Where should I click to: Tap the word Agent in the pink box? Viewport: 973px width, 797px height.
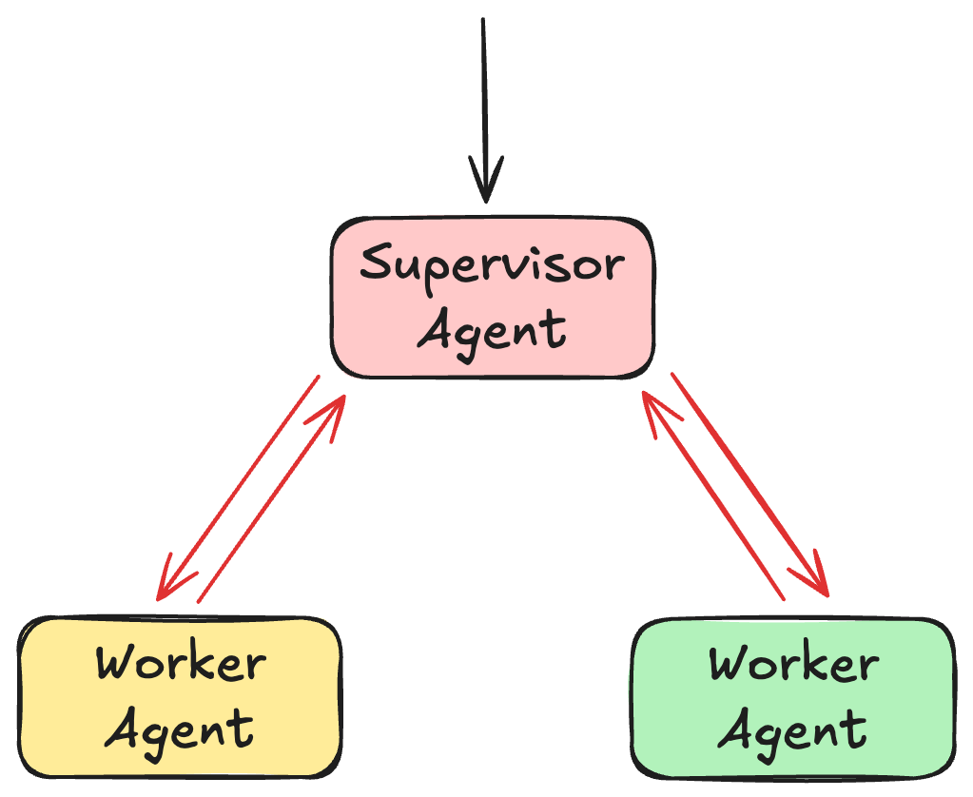click(492, 329)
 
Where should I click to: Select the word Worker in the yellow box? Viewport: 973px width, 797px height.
click(180, 663)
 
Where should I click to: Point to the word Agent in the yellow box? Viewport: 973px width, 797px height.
click(180, 729)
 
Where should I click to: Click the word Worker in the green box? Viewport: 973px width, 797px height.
click(793, 663)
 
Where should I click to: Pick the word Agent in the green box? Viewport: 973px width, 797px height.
click(793, 729)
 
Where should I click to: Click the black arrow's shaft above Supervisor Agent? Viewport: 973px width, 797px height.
click(483, 95)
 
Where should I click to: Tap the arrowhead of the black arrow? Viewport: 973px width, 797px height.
click(486, 185)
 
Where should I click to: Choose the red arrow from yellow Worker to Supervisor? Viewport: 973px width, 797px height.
click(271, 498)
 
